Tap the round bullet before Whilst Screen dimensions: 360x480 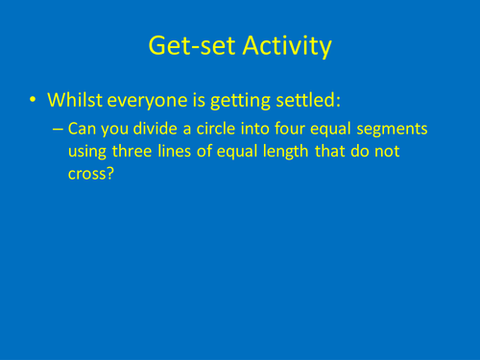(x=35, y=100)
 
